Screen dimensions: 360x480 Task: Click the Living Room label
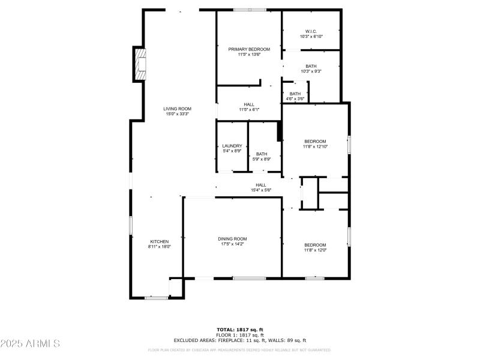click(x=177, y=109)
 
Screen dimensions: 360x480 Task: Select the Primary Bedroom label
click(x=249, y=49)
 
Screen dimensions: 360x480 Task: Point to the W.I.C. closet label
click(x=311, y=31)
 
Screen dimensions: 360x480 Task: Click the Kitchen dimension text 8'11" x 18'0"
click(x=160, y=247)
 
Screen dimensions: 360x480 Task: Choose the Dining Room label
click(x=232, y=239)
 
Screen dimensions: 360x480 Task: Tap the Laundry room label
click(x=232, y=146)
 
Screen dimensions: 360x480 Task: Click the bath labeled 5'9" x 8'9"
click(x=262, y=156)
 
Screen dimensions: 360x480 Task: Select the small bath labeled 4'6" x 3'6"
click(x=295, y=96)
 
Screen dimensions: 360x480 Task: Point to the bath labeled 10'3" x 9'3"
click(x=311, y=68)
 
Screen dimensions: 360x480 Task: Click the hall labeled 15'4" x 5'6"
click(x=261, y=187)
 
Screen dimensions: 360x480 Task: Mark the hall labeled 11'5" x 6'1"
click(x=249, y=107)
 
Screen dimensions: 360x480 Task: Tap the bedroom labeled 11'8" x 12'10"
click(x=315, y=144)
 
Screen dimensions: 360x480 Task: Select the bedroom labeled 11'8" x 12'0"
click(x=315, y=247)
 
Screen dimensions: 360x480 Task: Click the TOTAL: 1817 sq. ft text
click(x=240, y=329)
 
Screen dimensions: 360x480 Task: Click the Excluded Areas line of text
click(x=240, y=340)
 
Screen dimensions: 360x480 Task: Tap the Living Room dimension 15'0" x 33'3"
click(x=177, y=113)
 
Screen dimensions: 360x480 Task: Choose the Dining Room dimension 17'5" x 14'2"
click(x=232, y=244)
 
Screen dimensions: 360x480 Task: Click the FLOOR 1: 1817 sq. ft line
click(x=240, y=335)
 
